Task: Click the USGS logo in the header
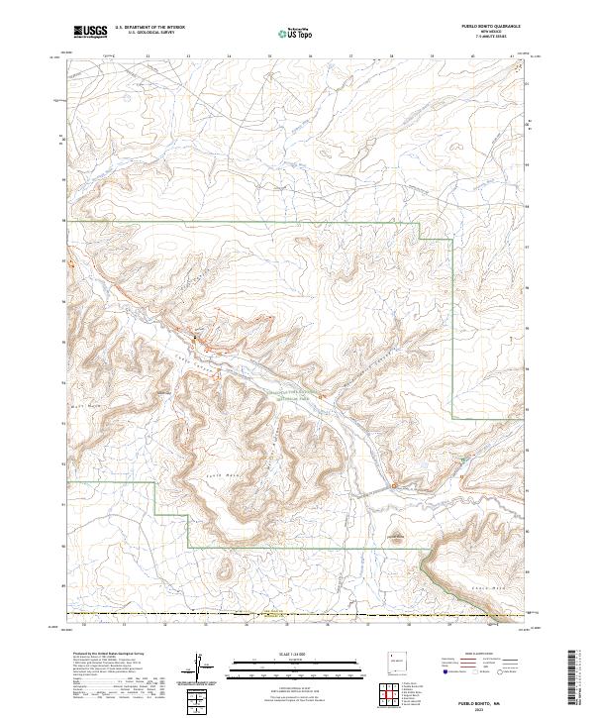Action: [90, 32]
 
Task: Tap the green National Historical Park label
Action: [290, 395]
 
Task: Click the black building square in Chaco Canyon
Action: [195, 339]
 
